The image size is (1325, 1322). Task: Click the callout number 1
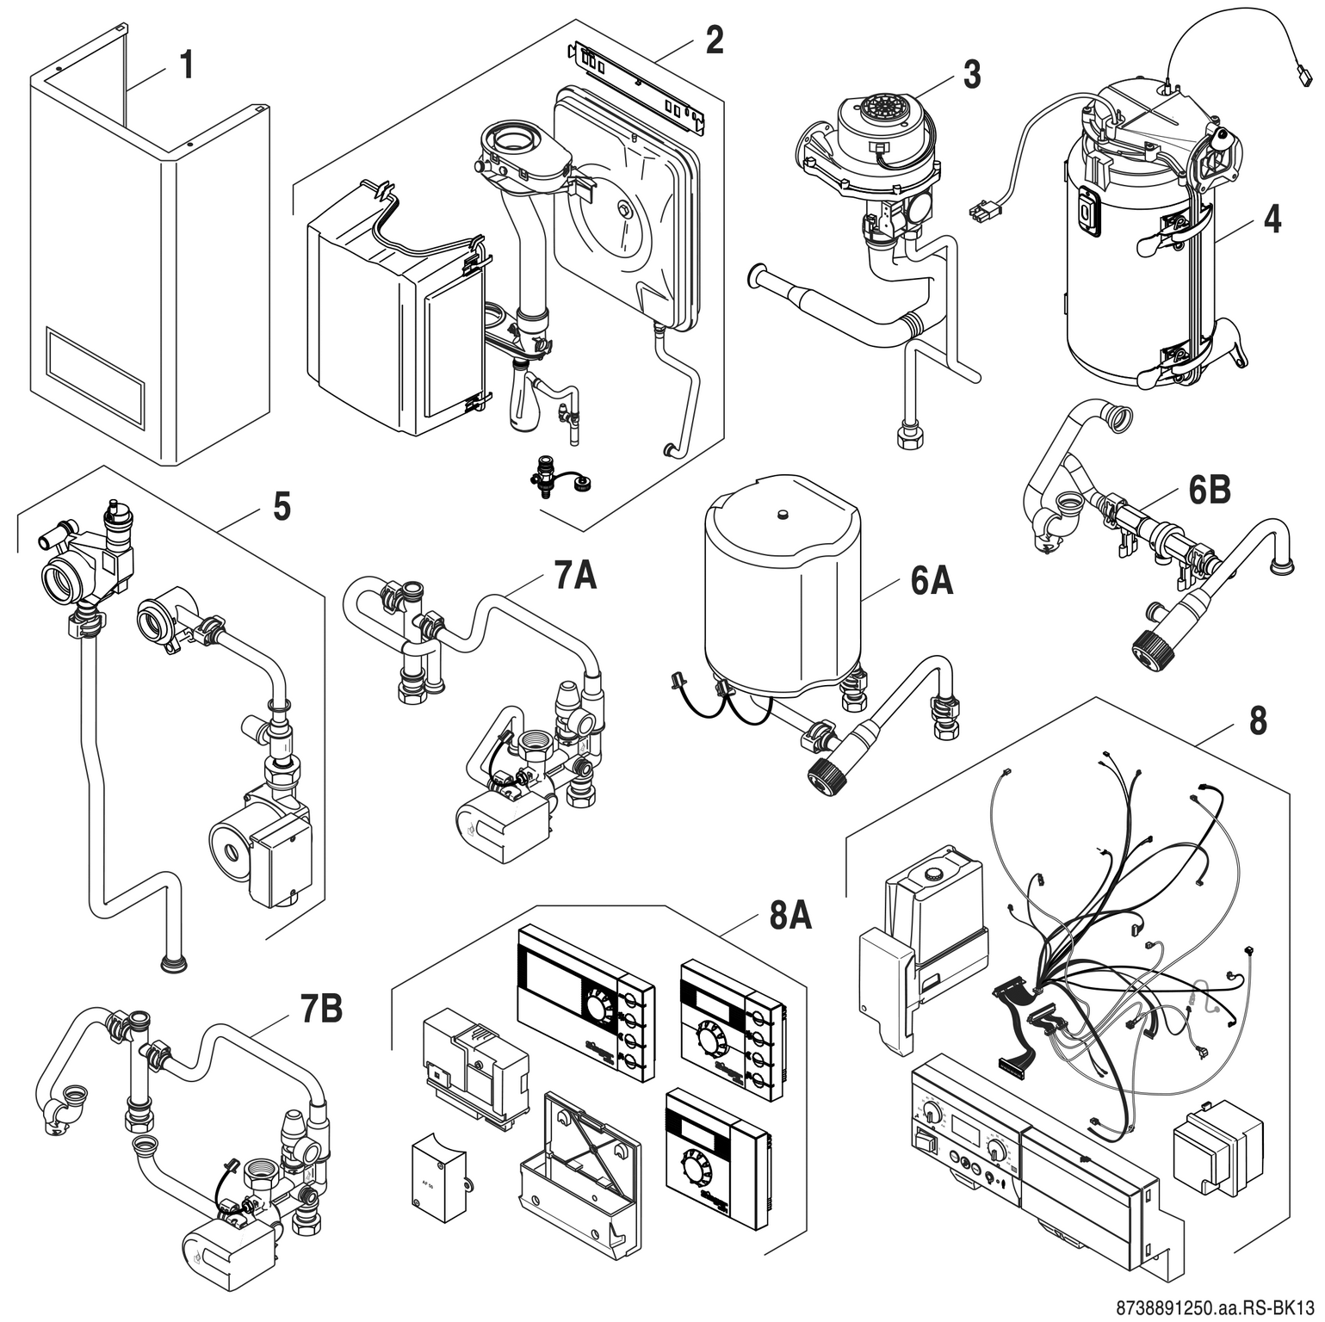186,65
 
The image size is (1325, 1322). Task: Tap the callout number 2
714,40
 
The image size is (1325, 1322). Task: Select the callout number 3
971,75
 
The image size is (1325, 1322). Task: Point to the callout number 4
1272,219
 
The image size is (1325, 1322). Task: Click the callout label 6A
931,582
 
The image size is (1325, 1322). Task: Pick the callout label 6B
1209,490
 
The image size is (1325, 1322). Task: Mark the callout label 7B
320,1010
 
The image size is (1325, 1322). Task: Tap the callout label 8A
789,917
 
